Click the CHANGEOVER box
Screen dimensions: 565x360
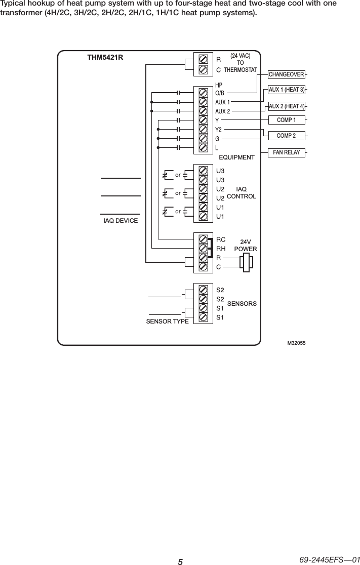coord(287,75)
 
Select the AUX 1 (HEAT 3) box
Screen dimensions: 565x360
coord(287,90)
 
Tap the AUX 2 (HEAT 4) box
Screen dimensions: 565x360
coord(287,106)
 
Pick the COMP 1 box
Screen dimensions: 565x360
coord(287,120)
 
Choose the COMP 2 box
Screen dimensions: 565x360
coord(287,136)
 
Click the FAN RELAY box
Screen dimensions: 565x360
coord(287,152)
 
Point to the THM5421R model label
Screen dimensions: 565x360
coord(105,58)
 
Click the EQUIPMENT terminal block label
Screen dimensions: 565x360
coord(236,157)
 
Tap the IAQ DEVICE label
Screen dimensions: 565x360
coord(121,220)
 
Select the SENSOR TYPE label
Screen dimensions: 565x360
coord(167,321)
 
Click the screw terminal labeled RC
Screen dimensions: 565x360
coord(203,239)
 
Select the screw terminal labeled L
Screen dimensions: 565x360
coord(203,148)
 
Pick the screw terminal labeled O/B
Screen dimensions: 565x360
coord(203,93)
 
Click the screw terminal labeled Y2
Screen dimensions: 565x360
coord(203,130)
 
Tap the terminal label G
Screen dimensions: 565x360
coord(217,139)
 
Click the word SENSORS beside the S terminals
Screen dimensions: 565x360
coord(242,303)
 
